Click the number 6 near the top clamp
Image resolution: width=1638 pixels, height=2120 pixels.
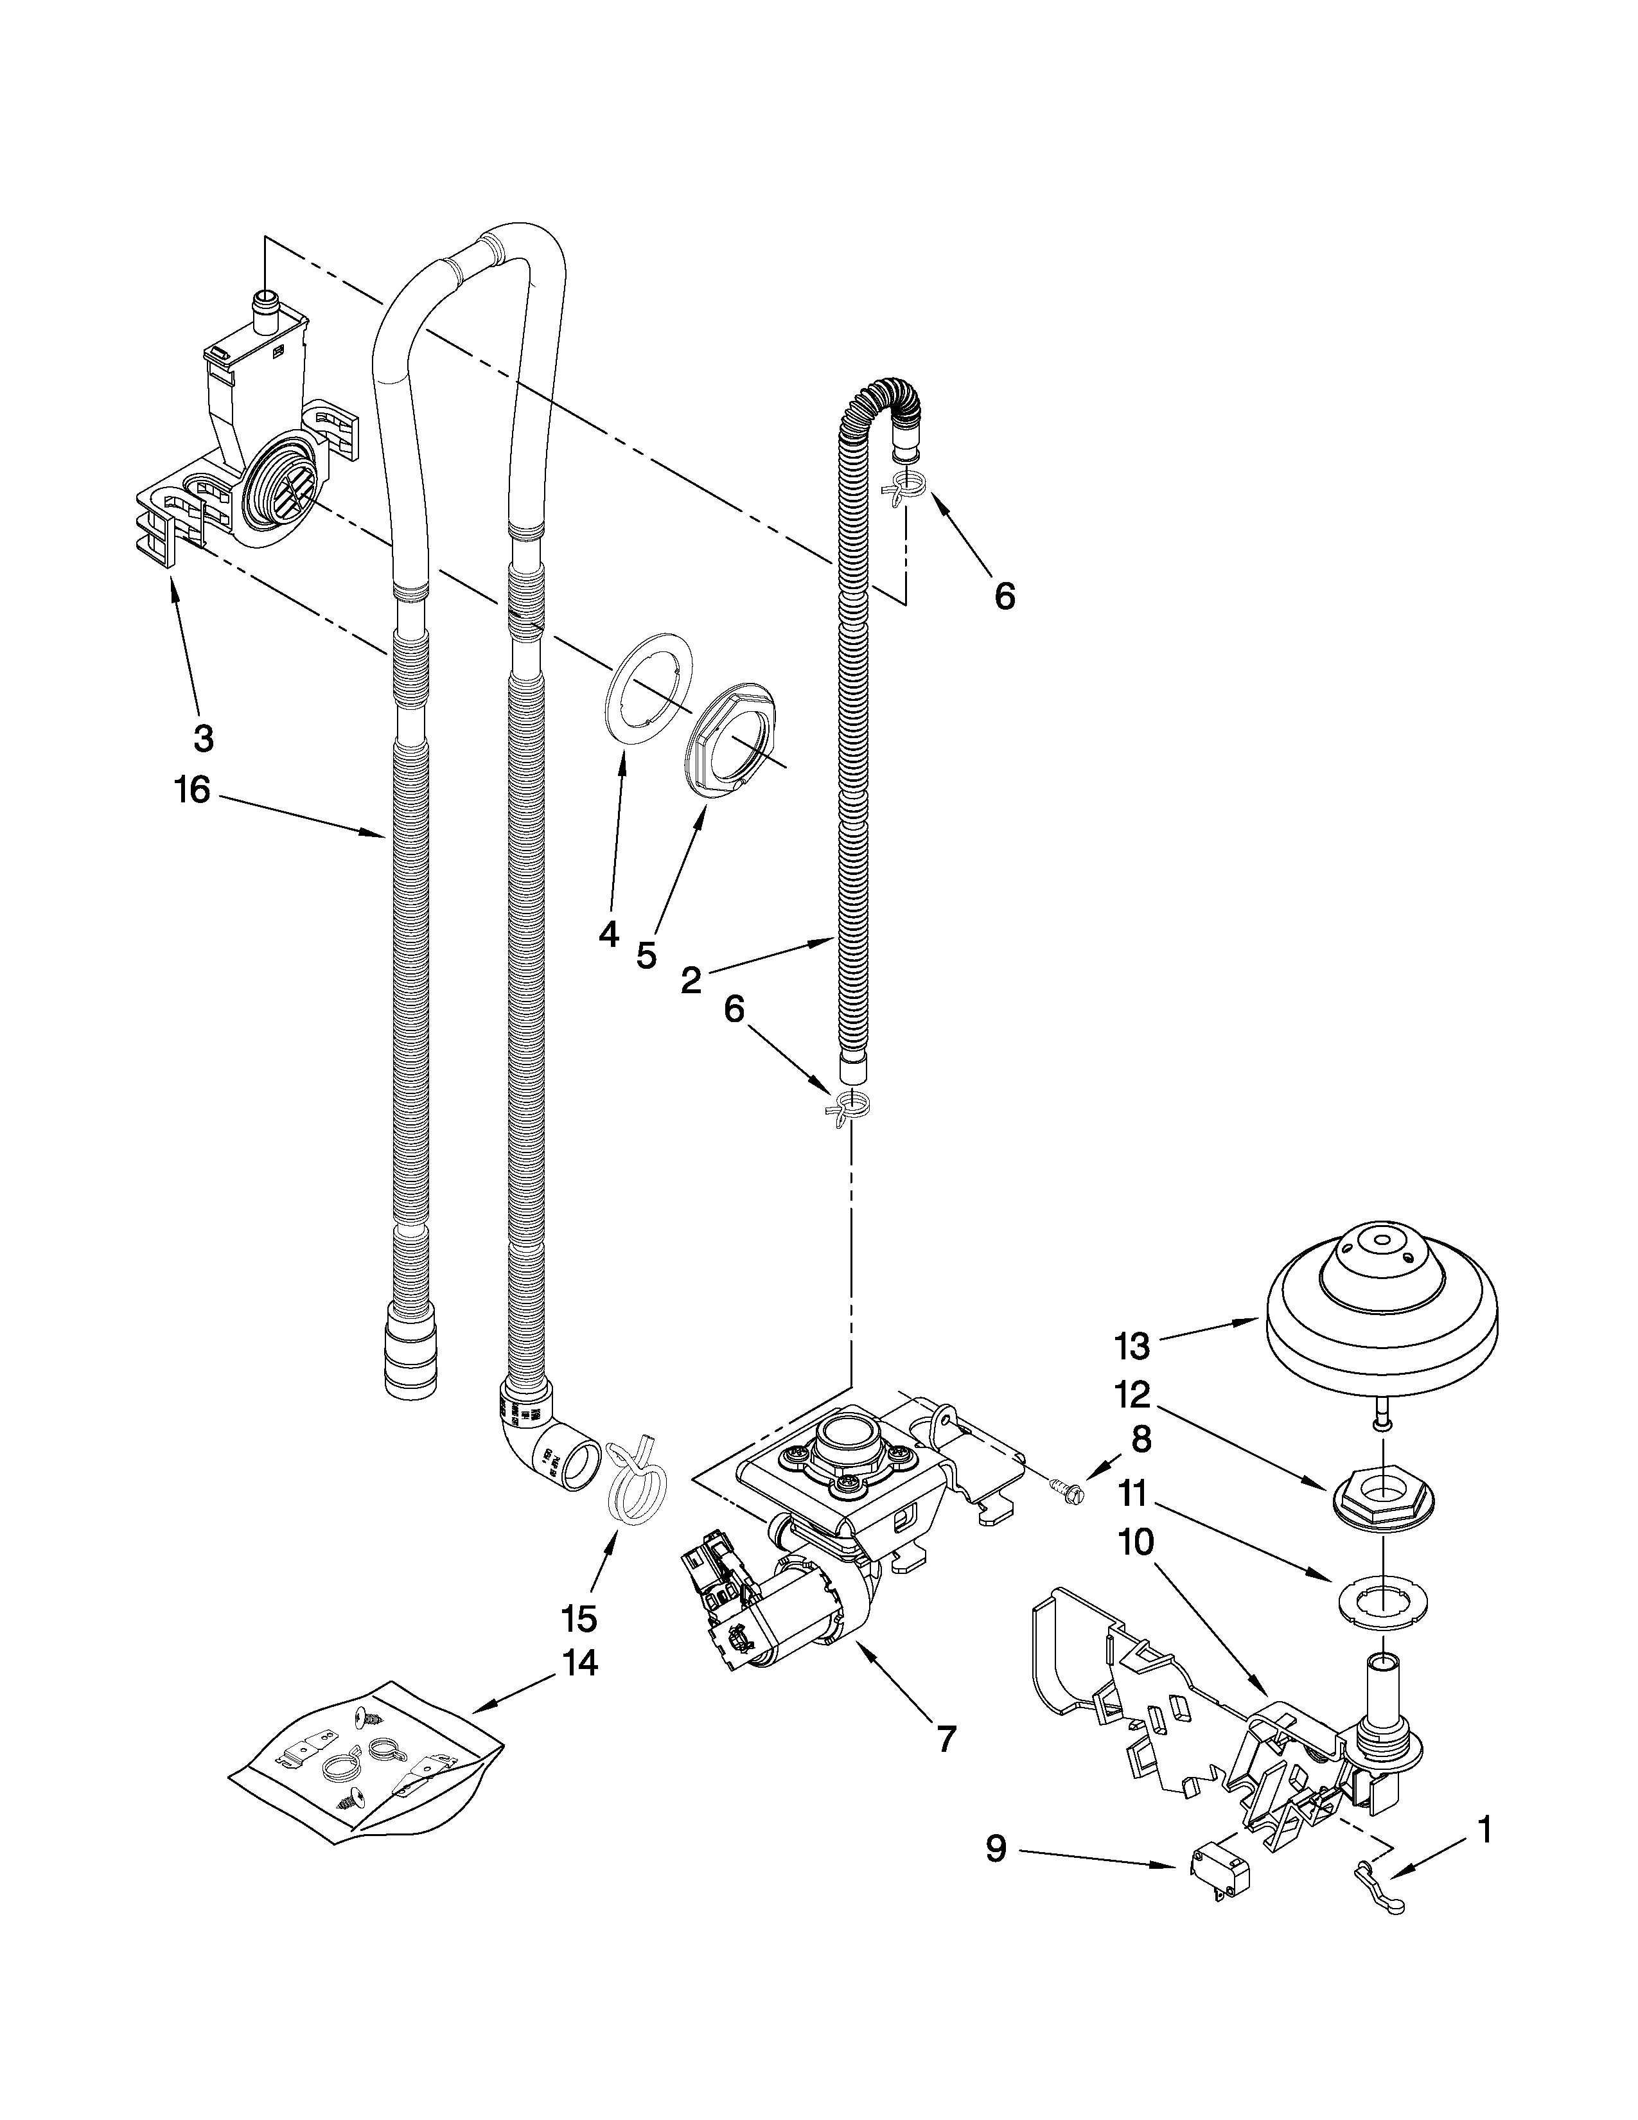(1005, 596)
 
